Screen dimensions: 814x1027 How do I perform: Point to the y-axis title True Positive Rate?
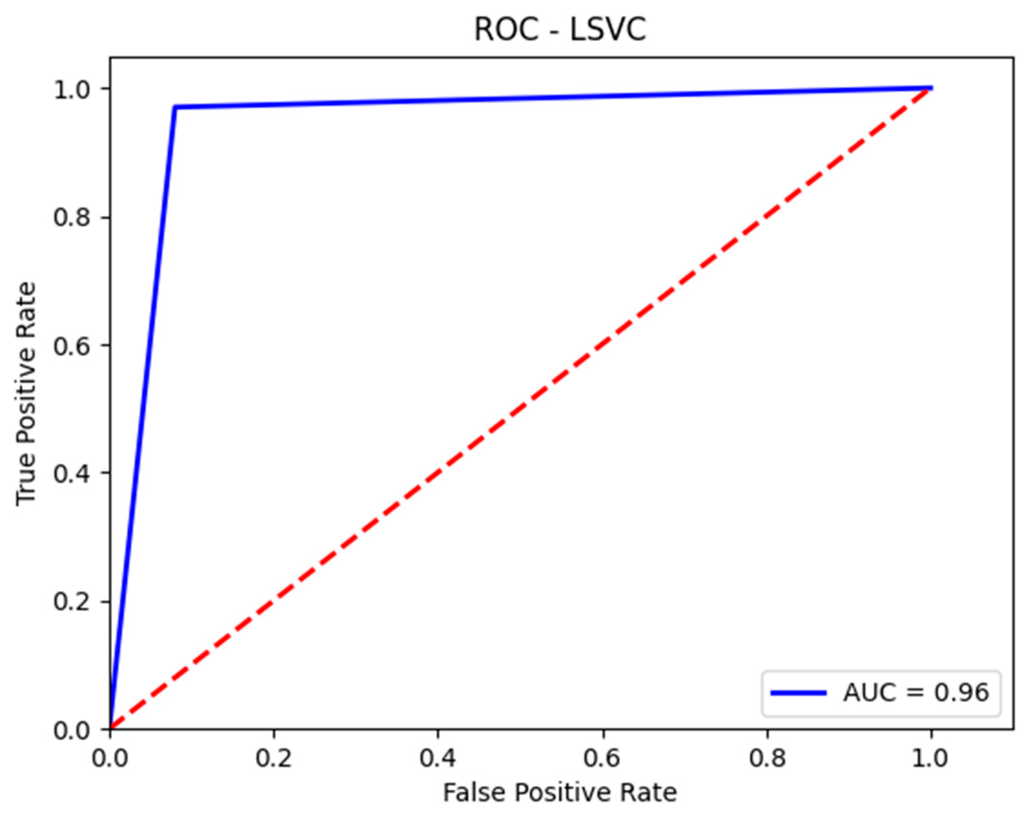tap(26, 393)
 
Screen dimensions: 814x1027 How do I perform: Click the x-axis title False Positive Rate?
tap(560, 792)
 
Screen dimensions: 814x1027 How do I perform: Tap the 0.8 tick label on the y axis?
tap(72, 218)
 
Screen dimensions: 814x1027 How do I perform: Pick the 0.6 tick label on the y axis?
tap(72, 346)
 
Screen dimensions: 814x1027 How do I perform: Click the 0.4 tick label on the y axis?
tap(72, 473)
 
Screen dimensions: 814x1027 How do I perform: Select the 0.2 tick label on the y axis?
tap(72, 602)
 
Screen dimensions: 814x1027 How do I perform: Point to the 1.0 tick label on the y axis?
tap(72, 89)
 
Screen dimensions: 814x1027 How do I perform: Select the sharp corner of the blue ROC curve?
tap(175, 107)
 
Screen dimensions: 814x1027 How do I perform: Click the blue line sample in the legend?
tap(798, 693)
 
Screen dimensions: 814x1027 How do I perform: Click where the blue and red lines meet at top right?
tap(930, 88)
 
